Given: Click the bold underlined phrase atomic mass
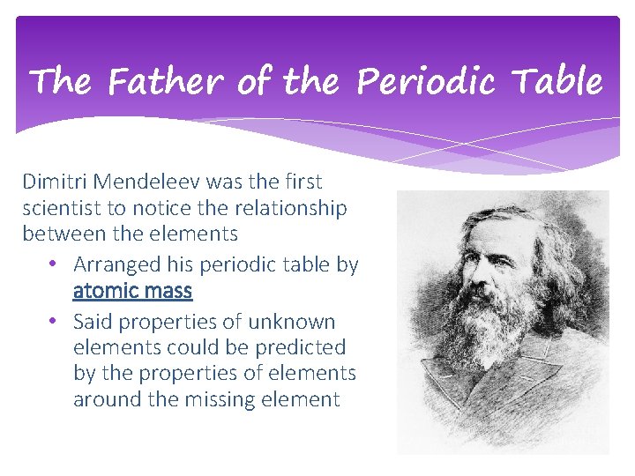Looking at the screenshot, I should [x=132, y=290].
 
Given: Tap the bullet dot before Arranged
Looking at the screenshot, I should [x=54, y=264].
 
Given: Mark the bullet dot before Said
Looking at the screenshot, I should [x=54, y=321].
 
